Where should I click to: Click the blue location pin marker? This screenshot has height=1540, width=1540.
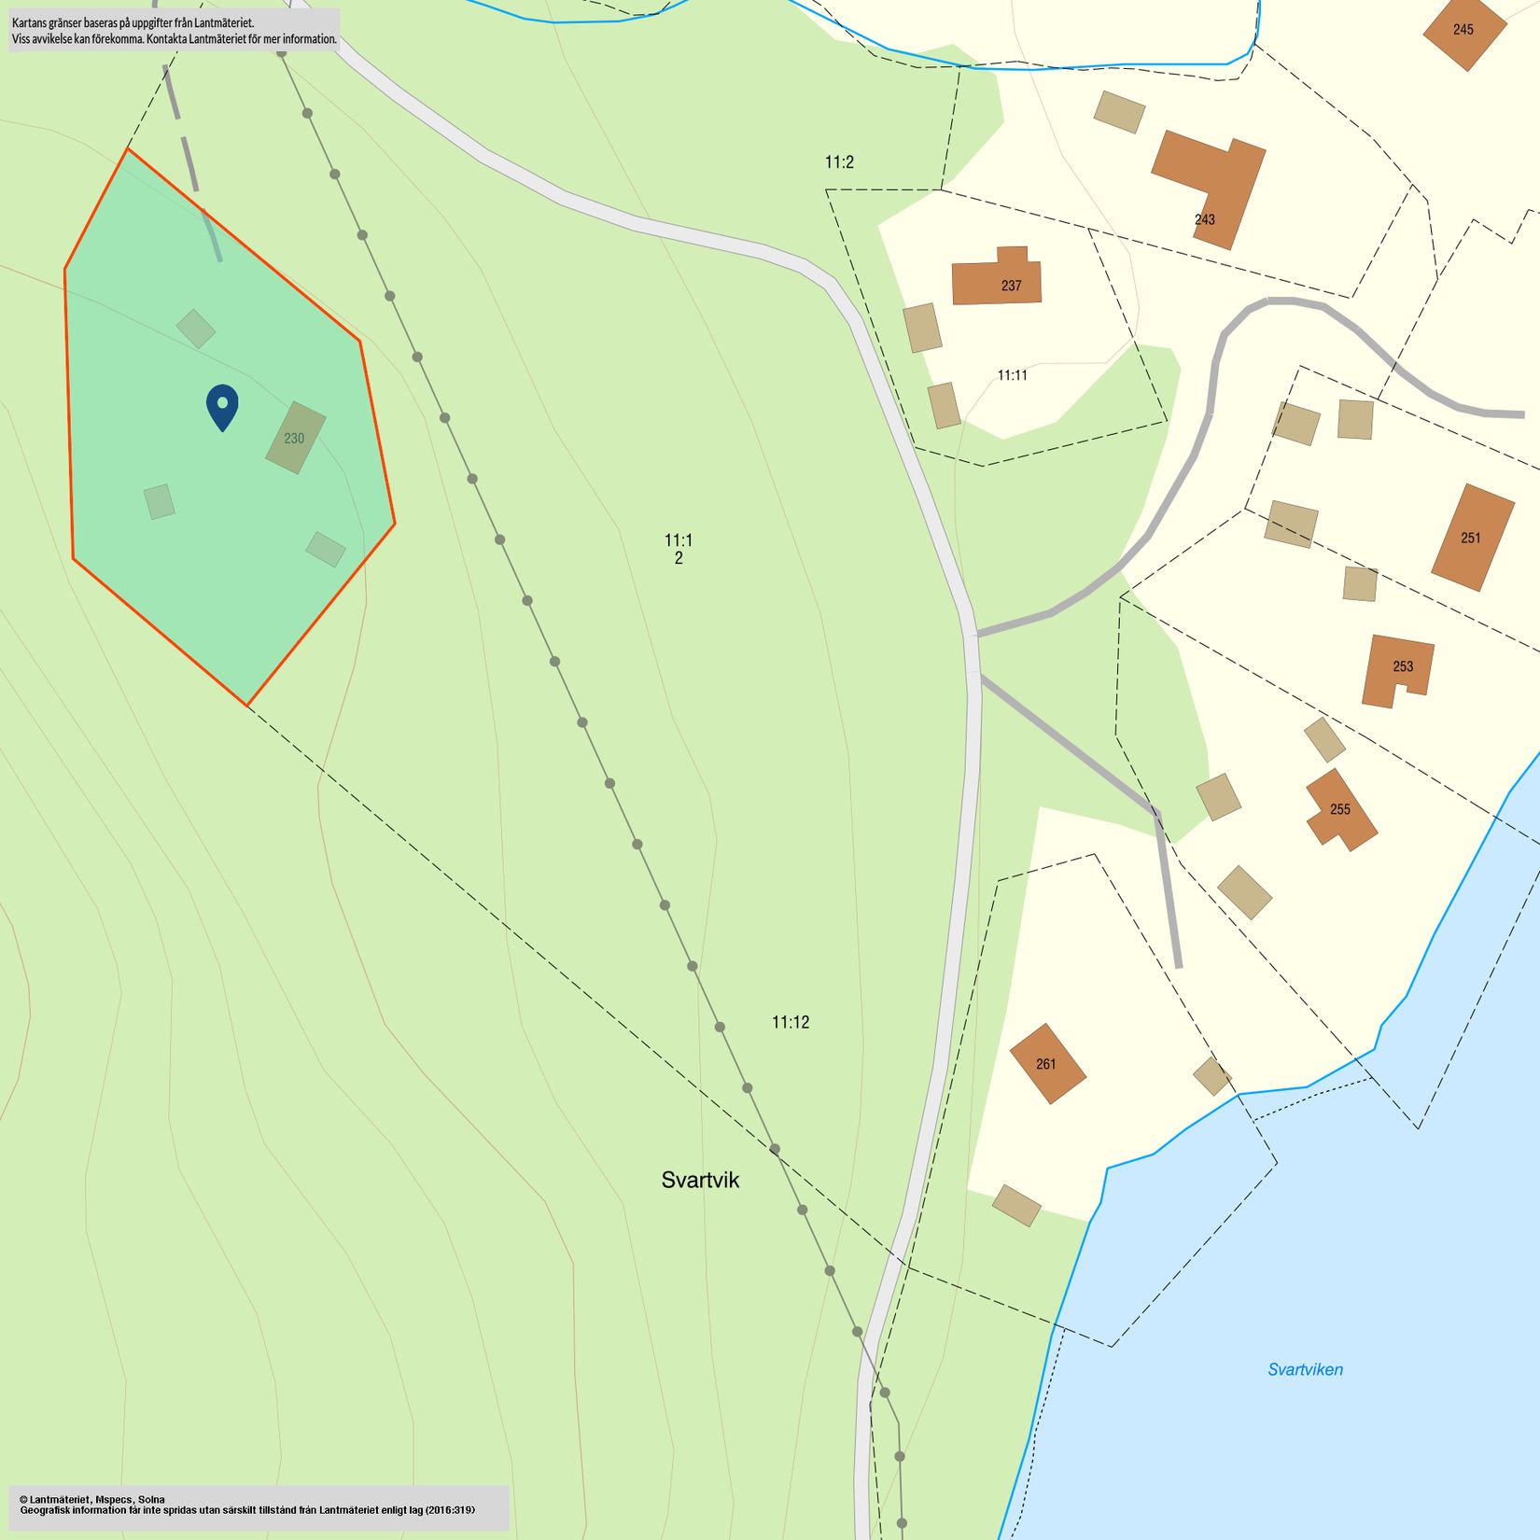(222, 406)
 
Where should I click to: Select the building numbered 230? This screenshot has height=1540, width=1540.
(295, 438)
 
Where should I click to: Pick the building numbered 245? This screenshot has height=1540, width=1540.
(1463, 30)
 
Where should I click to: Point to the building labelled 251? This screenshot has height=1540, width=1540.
(1472, 538)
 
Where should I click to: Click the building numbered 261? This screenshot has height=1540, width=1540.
(1046, 1063)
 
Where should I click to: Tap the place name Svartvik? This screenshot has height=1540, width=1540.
(700, 1180)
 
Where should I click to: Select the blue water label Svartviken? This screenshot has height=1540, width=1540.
(1305, 1369)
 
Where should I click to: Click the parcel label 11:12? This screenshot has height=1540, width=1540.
(791, 1022)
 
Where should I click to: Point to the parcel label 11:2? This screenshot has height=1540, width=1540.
(839, 162)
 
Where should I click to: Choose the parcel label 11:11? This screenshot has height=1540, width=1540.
(1012, 375)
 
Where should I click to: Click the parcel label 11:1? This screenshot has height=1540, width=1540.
(679, 540)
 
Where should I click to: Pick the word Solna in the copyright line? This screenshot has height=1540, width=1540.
(151, 1499)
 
